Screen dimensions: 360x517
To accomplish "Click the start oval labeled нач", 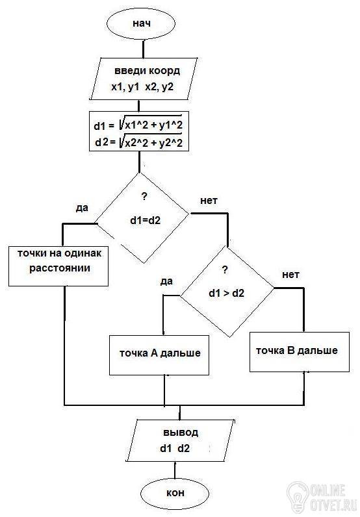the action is tap(142, 24).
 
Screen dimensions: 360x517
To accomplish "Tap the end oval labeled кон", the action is tap(175, 493).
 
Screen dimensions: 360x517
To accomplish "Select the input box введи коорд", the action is tap(144, 79).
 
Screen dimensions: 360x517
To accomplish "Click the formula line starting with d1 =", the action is tap(138, 125).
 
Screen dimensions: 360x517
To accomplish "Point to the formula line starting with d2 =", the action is tap(138, 142).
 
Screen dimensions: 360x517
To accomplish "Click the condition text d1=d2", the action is tap(145, 220).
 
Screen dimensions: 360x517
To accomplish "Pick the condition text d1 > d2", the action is tap(226, 293).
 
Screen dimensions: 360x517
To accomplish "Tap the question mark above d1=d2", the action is tap(144, 197).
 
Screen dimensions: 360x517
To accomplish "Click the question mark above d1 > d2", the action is tap(225, 270).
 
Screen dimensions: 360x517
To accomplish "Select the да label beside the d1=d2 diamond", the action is tap(82, 208).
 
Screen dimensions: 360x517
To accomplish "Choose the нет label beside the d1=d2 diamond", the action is tap(209, 201).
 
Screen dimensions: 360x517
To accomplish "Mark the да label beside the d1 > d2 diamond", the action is tap(166, 281).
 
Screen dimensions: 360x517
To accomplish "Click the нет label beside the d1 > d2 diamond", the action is tap(290, 275).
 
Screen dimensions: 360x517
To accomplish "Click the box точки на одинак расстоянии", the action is tap(58, 266).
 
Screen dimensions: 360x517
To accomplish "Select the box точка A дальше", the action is tap(159, 355).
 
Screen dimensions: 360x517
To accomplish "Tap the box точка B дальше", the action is tap(300, 352).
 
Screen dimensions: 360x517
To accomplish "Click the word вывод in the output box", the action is tap(181, 433).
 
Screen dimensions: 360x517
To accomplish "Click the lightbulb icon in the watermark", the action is tap(297, 496).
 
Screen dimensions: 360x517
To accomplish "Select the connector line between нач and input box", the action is tap(143, 49).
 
